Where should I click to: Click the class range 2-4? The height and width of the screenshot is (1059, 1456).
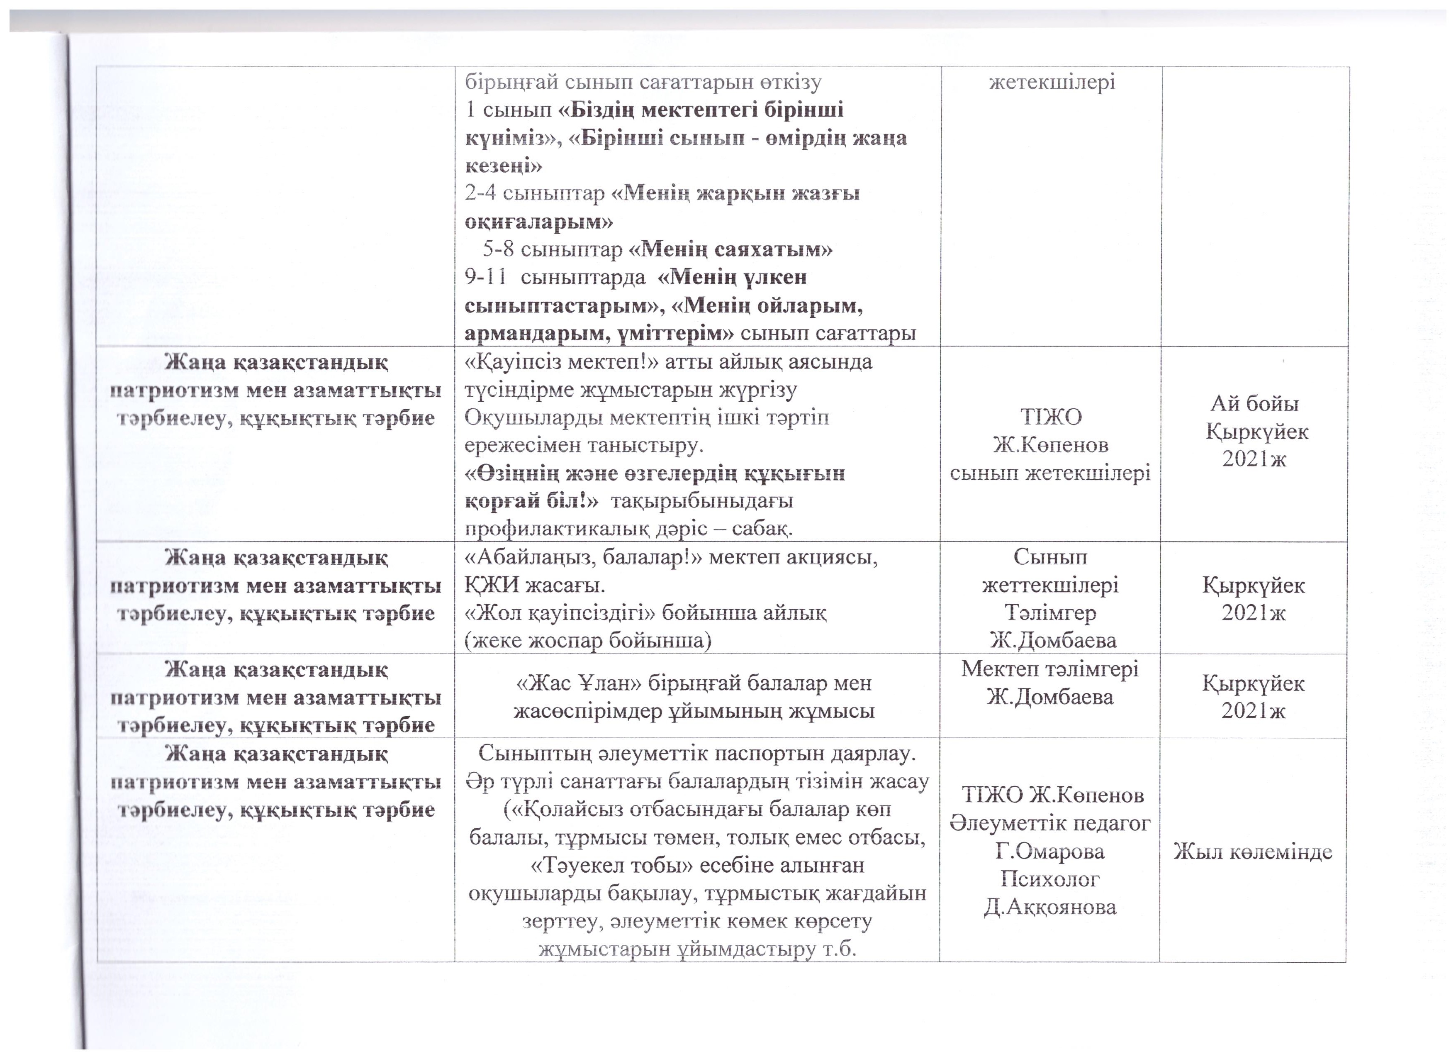(480, 193)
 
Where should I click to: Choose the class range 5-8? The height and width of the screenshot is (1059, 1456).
(499, 249)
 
